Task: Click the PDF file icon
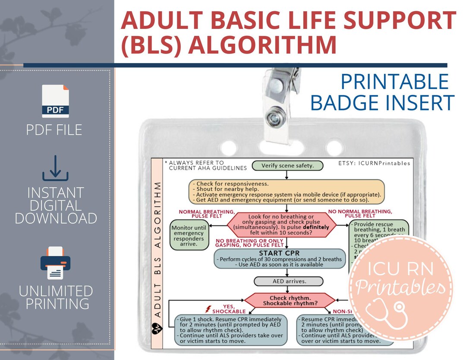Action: point(55,101)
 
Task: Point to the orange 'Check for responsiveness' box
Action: point(287,192)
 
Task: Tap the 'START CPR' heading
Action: point(280,253)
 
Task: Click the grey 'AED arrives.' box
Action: point(288,281)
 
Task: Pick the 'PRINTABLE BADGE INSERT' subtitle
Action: point(382,92)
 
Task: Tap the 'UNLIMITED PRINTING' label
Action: point(55,297)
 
